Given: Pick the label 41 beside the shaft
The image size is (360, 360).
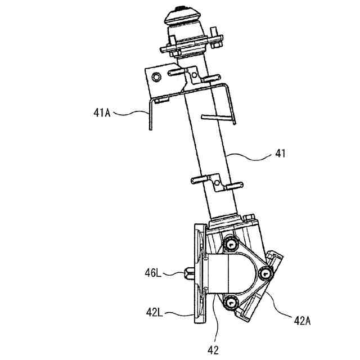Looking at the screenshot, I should [x=280, y=152].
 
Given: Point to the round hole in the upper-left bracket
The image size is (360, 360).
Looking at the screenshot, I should [x=156, y=75].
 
